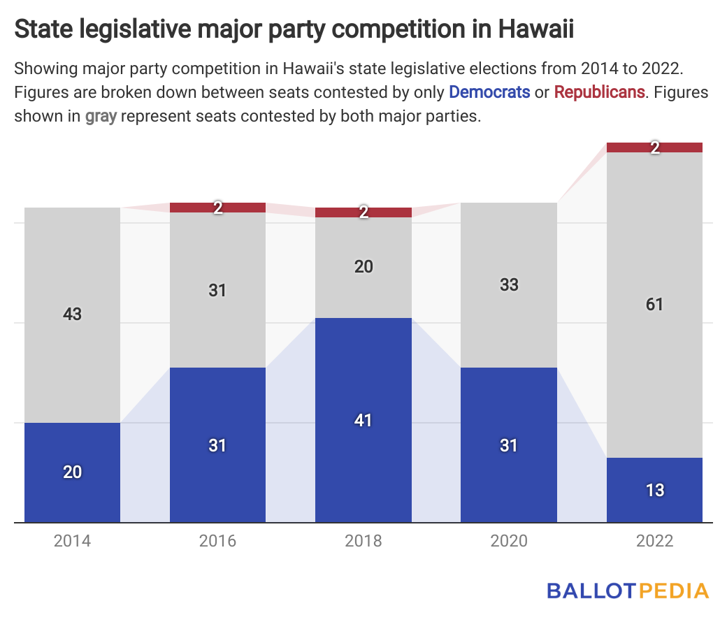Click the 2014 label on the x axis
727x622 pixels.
coord(73,541)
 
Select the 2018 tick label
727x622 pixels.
coord(363,541)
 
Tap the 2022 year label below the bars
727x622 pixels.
coord(654,541)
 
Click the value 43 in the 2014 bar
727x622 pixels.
coord(73,314)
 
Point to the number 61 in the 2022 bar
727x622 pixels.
coord(654,305)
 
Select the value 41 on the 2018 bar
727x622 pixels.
coord(363,421)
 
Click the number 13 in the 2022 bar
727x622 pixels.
coord(654,491)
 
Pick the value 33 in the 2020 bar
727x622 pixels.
coord(509,285)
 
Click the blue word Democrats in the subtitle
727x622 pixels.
coord(489,92)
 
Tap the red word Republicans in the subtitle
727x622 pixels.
coord(599,92)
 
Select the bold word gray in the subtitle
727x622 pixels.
coord(101,116)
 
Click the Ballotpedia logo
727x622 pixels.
coord(628,591)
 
